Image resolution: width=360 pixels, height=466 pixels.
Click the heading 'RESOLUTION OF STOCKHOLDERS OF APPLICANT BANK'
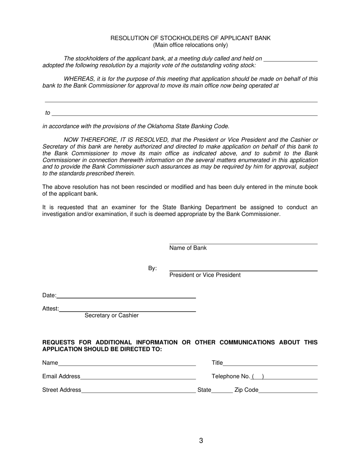point(190,38)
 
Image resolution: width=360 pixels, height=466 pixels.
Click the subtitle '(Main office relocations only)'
point(190,45)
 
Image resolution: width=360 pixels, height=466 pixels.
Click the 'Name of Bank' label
point(188,248)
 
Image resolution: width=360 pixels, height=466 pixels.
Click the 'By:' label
point(152,268)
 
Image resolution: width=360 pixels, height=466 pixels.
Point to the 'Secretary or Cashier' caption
point(111,316)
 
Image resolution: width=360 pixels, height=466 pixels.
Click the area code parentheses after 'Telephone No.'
point(258,377)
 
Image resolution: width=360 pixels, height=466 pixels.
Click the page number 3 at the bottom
point(201,441)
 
